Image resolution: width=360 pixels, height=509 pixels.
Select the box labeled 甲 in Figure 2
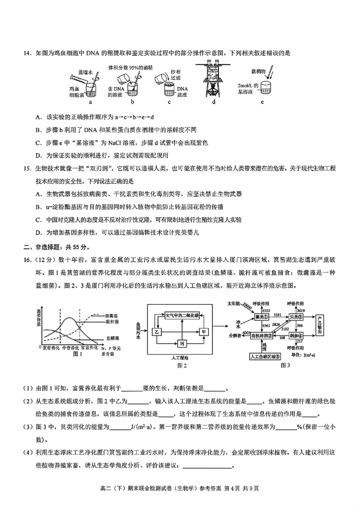point(205,332)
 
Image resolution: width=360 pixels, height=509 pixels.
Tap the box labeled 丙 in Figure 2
point(182,344)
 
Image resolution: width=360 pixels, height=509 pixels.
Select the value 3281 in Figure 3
point(278,314)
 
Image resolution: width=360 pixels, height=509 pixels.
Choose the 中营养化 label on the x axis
point(70,348)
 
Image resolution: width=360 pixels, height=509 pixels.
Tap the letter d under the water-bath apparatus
point(214,102)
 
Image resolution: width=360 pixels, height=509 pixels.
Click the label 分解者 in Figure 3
point(235,335)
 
